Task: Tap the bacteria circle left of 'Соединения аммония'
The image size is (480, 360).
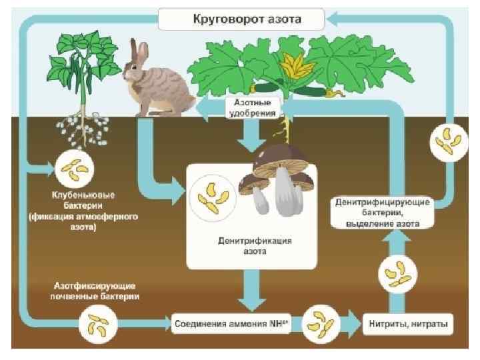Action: (96, 325)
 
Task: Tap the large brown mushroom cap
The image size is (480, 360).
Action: (281, 159)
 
